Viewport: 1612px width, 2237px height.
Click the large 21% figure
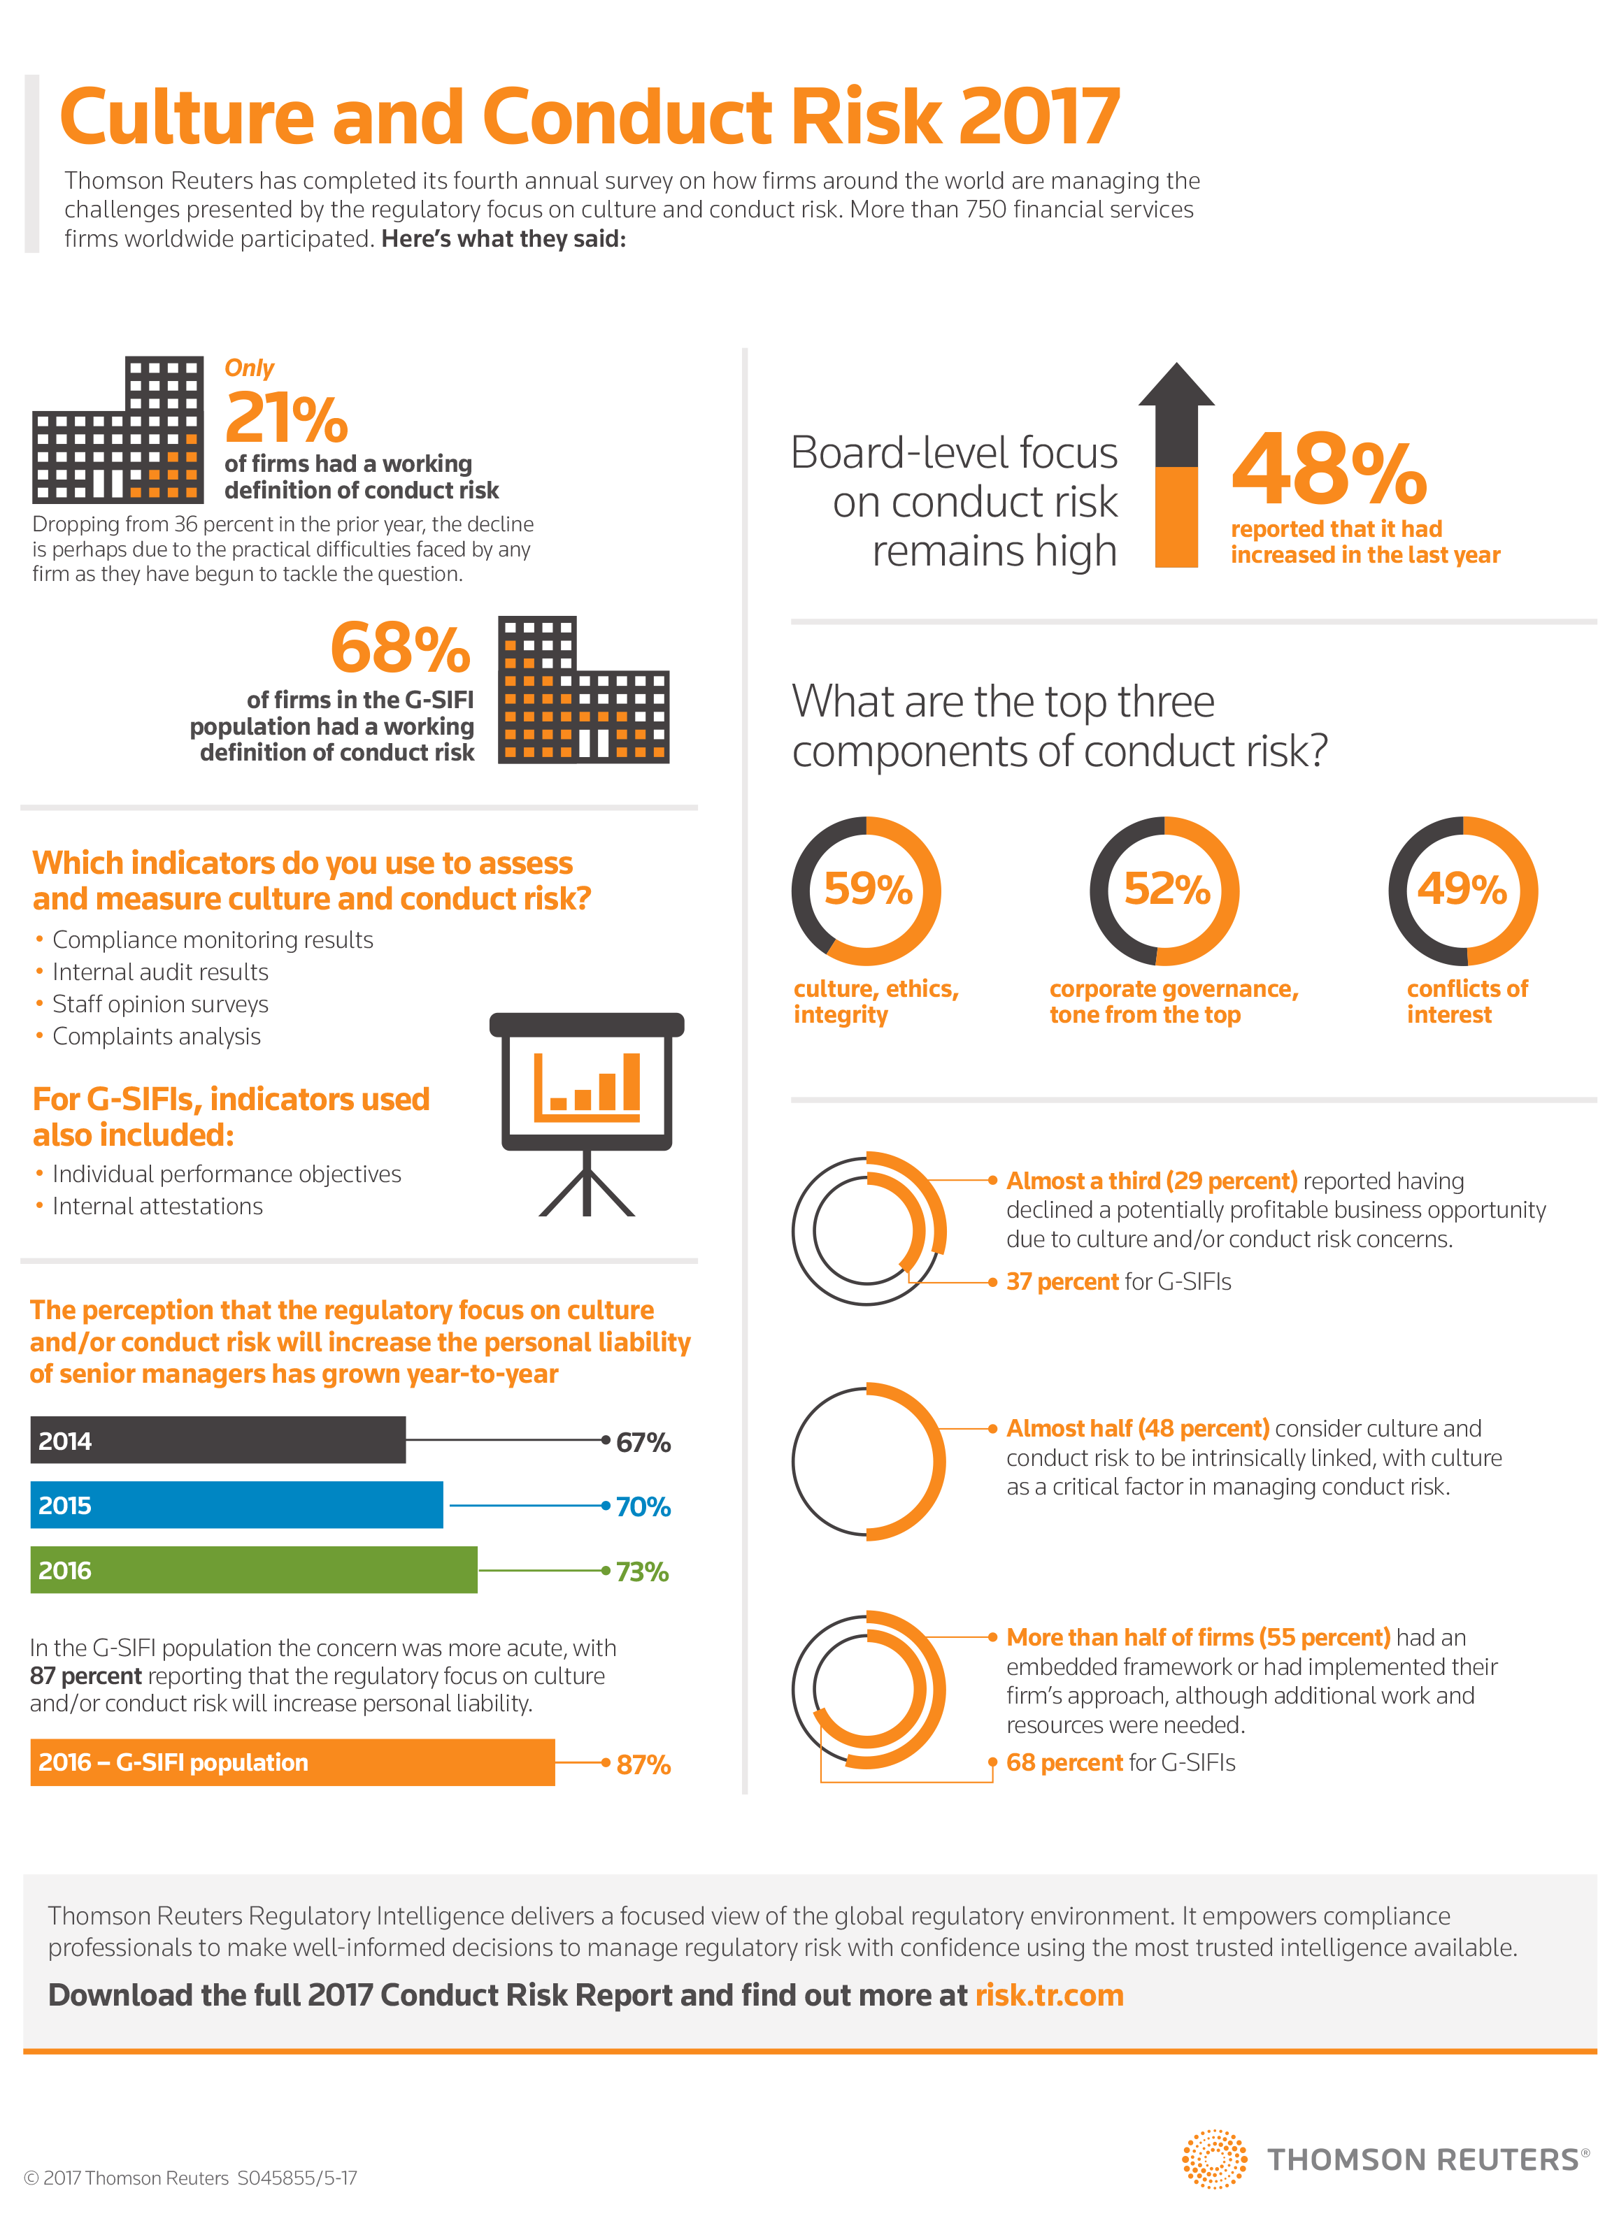[x=286, y=417]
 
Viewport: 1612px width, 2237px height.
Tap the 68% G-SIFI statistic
[x=399, y=648]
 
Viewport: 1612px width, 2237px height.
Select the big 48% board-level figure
[x=1328, y=470]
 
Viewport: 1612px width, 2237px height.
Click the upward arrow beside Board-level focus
[x=1176, y=463]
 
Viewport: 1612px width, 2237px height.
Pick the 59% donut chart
[x=866, y=890]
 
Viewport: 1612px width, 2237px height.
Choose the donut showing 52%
[x=1164, y=890]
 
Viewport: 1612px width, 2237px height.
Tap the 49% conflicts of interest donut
[x=1462, y=890]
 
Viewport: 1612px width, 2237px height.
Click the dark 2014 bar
[x=217, y=1440]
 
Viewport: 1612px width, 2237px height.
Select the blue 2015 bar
[x=237, y=1505]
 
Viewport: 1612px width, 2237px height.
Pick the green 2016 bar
[x=254, y=1569]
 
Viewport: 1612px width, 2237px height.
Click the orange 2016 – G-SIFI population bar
[x=292, y=1762]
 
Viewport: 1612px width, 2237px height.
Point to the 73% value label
[x=642, y=1571]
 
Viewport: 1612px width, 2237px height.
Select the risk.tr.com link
[x=1049, y=1995]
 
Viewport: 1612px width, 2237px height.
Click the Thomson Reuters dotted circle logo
[x=1215, y=2159]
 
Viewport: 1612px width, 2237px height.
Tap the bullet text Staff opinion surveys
[x=160, y=1004]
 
